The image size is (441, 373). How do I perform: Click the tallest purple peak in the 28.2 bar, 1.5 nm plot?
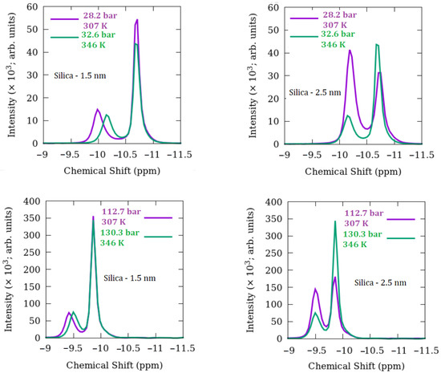point(137,20)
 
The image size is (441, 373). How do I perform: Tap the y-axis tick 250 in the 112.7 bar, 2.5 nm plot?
point(271,252)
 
